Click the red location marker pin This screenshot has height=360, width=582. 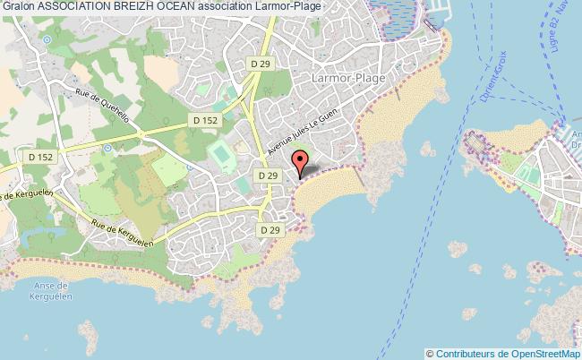301,161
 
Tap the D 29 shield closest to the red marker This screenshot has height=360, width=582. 266,176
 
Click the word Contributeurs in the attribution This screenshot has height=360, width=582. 466,353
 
